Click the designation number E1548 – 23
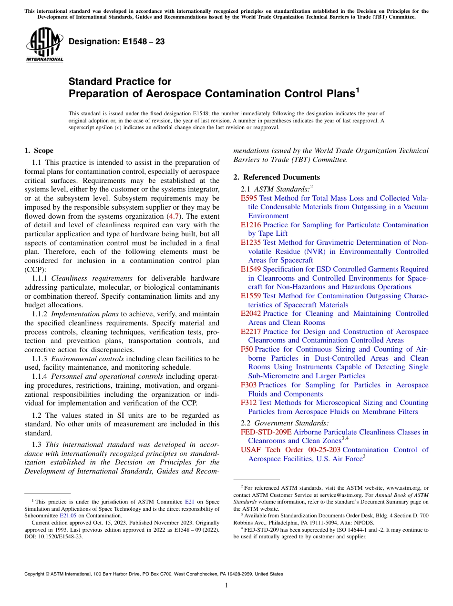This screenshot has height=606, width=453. point(117,41)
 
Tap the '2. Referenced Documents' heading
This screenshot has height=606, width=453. point(277,177)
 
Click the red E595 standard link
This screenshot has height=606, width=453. point(249,198)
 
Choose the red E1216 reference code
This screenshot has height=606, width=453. point(251,225)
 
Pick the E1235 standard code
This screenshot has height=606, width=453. point(251,242)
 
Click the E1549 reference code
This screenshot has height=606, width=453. point(251,269)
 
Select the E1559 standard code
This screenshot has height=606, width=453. point(251,296)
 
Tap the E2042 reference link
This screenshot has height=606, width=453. point(251,313)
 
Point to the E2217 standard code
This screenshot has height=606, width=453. point(251,332)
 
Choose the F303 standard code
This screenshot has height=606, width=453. point(249,385)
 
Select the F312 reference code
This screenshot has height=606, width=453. point(249,403)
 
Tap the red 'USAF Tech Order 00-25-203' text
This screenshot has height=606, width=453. point(290,450)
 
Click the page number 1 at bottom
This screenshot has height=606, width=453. point(226,586)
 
